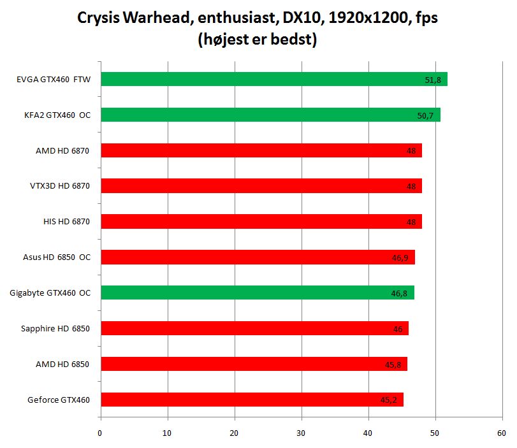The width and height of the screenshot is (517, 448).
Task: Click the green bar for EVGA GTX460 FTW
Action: pos(274,79)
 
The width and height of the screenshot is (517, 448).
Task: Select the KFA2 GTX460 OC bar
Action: pos(270,115)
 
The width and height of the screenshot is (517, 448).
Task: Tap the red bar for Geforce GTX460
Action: pos(252,400)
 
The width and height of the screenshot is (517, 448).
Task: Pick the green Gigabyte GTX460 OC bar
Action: pos(258,293)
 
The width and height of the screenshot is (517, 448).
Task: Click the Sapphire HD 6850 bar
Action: pos(254,328)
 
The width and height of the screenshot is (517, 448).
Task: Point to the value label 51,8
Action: pos(432,80)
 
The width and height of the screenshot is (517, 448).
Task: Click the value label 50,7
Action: pos(425,116)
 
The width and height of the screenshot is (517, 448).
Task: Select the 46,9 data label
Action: pos(400,258)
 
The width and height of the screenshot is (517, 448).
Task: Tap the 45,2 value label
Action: pos(389,400)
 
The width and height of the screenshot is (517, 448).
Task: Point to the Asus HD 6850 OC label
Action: pos(56,257)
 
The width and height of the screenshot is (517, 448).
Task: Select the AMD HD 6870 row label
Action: pos(62,150)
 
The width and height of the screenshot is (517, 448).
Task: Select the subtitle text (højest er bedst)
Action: pos(258,40)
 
